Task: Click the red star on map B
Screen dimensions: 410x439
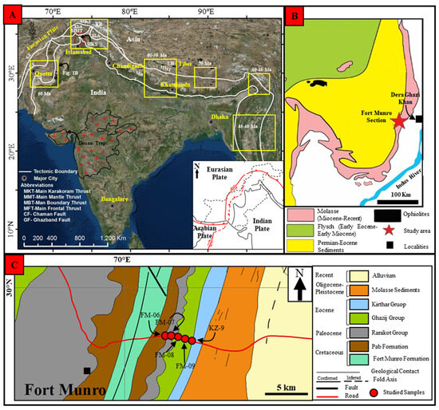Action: [399, 121]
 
